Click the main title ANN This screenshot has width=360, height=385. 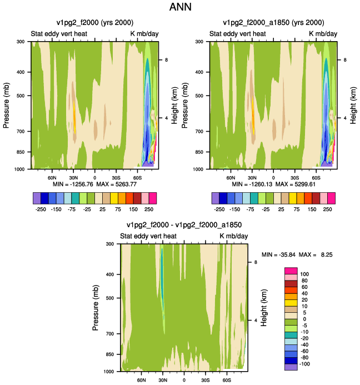(x=180, y=7)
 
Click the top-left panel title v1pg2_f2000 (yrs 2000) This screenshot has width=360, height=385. (x=95, y=23)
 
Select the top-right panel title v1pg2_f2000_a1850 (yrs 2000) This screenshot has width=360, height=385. (x=273, y=23)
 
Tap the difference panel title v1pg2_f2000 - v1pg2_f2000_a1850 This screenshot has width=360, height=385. (x=184, y=225)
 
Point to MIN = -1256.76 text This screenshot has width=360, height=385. (x=73, y=184)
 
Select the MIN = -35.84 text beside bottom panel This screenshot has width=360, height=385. (x=278, y=254)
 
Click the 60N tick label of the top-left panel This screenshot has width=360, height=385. (x=52, y=178)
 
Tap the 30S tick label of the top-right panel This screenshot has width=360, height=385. (x=294, y=178)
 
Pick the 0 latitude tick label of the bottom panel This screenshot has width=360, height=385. (x=184, y=380)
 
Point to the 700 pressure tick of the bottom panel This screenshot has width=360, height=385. (x=110, y=334)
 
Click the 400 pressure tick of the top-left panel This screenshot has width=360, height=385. (x=21, y=72)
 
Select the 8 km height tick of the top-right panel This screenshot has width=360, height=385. (x=345, y=60)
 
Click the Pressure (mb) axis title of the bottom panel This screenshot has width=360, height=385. (x=96, y=308)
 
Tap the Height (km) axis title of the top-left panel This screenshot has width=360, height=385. (x=174, y=106)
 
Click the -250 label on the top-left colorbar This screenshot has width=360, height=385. (x=41, y=209)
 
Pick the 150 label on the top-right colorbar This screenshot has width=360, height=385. (x=312, y=209)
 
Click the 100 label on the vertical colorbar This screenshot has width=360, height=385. (x=304, y=274)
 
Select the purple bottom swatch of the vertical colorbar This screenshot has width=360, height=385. (x=291, y=367)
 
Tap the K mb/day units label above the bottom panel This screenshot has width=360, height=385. (x=233, y=236)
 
